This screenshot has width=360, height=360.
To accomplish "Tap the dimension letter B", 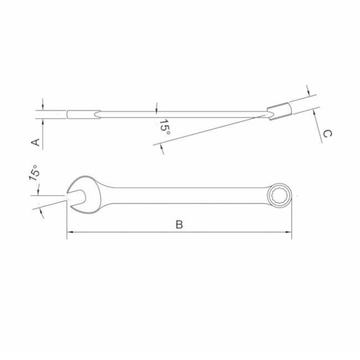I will pyautogui.click(x=179, y=224).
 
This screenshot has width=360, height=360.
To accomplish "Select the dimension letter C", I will pyautogui.click(x=327, y=133).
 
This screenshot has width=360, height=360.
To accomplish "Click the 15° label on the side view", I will pyautogui.click(x=164, y=128).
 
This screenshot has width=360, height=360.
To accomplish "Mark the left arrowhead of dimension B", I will pyautogui.click(x=69, y=232).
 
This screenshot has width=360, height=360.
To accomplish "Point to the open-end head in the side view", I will pyautogui.click(x=83, y=114).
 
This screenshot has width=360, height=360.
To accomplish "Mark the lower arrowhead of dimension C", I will pyautogui.click(x=313, y=111).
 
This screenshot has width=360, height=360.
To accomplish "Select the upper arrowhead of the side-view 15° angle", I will pyautogui.click(x=157, y=108).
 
